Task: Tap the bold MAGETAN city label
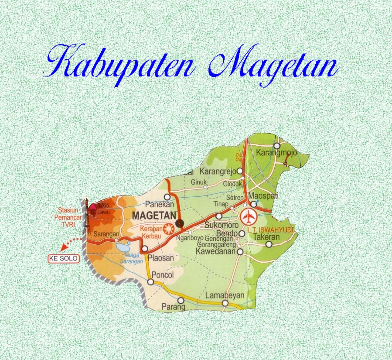(154, 216)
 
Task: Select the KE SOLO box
(64, 259)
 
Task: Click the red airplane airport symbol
(249, 217)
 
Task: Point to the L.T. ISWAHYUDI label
(271, 230)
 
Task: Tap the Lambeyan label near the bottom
(225, 295)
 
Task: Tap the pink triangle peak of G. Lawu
(92, 206)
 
